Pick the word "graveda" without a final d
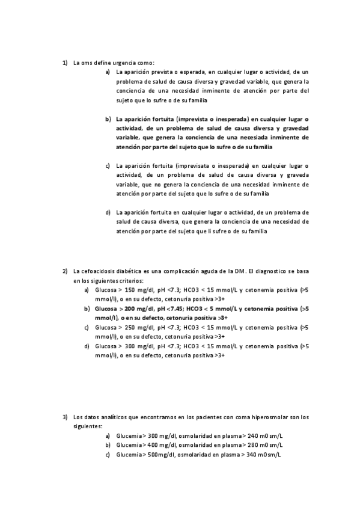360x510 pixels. click(x=296, y=175)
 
